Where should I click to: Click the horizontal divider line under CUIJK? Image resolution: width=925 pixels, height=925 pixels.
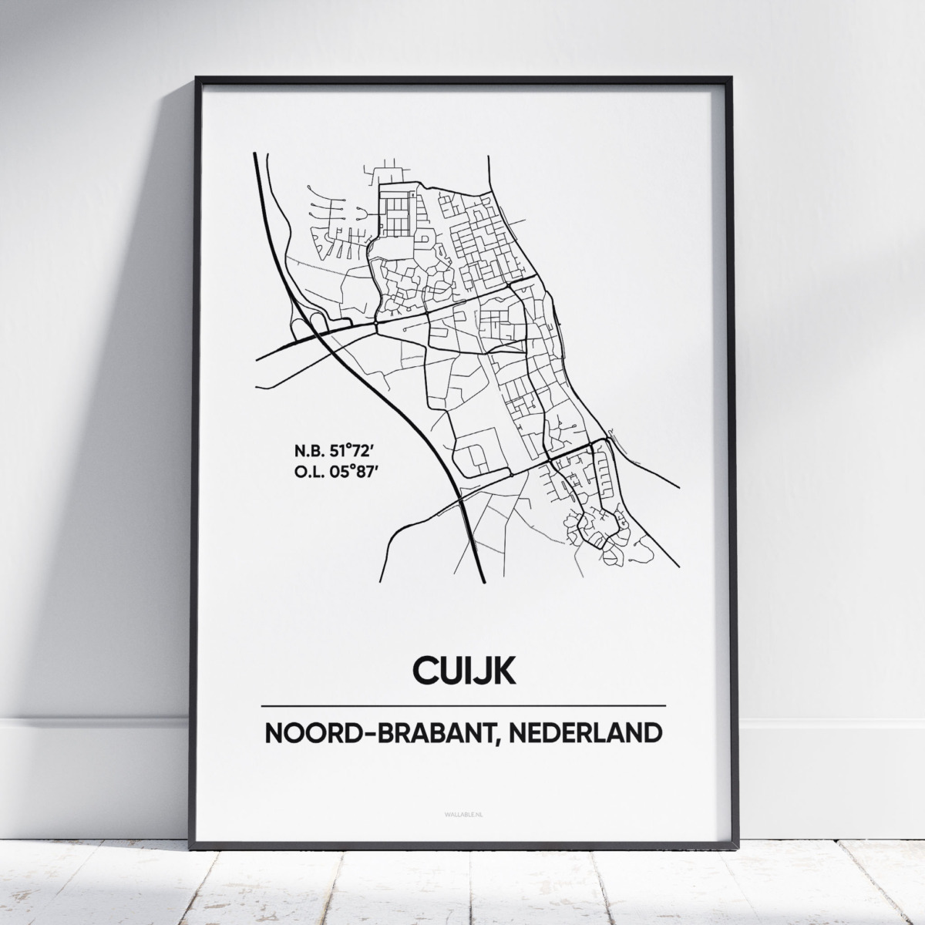coord(463,705)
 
